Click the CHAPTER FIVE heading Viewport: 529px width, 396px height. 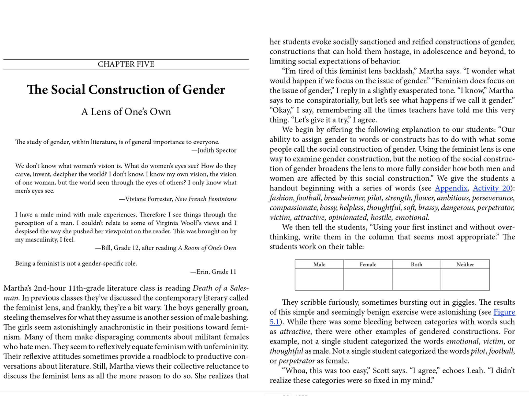(126, 64)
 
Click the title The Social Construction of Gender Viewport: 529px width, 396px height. (126, 90)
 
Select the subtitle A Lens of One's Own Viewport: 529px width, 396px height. (126, 112)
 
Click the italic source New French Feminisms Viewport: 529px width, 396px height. (205, 199)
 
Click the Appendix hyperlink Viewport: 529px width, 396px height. (451, 188)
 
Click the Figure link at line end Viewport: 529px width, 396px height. (504, 312)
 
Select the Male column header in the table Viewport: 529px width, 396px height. (319, 264)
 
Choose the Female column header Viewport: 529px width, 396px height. (368, 264)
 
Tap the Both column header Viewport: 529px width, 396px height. (416, 264)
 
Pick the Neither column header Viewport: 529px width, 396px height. (465, 264)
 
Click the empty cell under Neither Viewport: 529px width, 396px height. (465, 279)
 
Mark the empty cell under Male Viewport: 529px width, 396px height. (319, 279)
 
